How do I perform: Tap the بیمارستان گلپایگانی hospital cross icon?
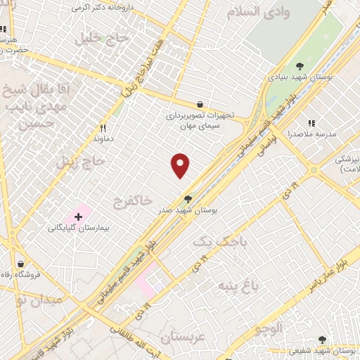78,215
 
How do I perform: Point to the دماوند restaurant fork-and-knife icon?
103,128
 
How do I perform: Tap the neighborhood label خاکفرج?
133,201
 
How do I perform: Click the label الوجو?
269,328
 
